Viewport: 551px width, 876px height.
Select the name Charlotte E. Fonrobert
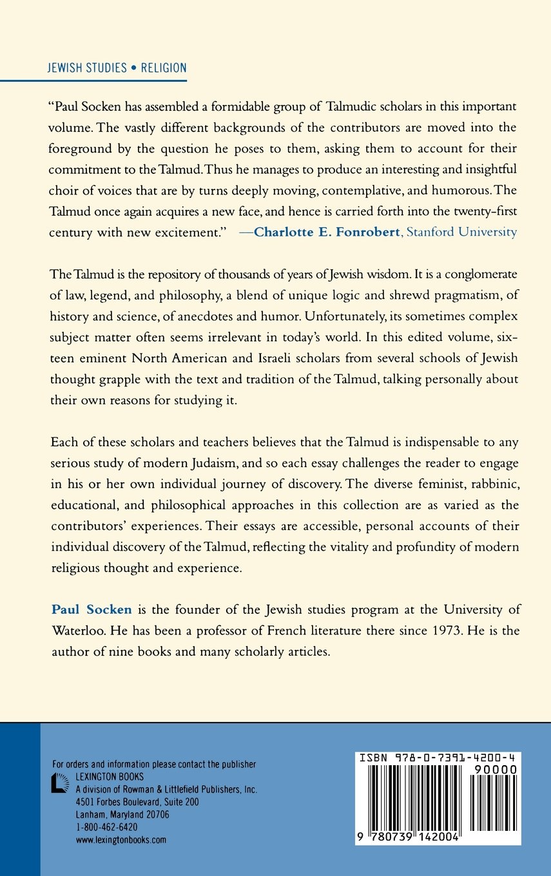(327, 232)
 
